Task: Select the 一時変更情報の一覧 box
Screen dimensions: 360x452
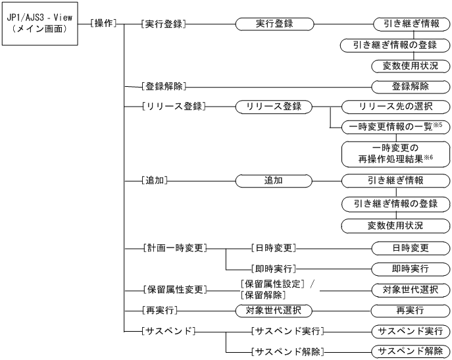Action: coord(394,124)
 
